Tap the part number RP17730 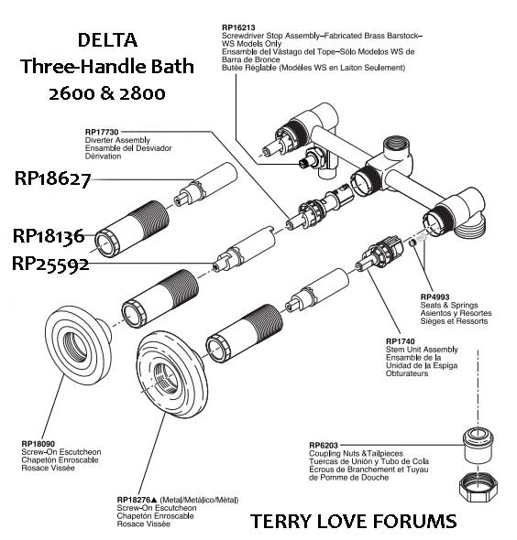pos(102,132)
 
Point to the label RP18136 pos(49,236)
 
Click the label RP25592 pos(50,264)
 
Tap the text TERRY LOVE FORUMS pos(353,522)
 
